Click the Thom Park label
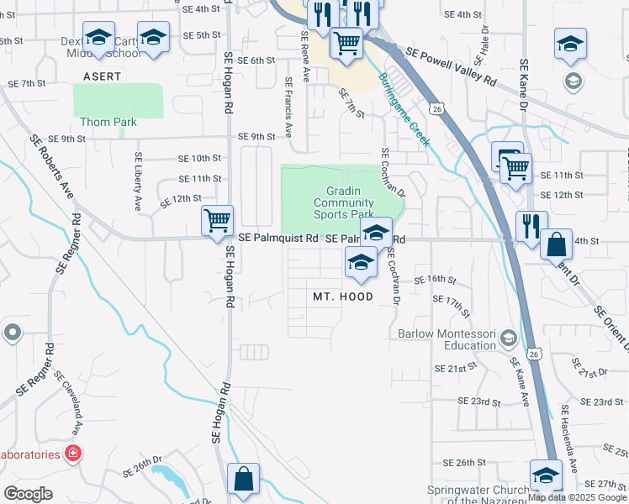click(x=108, y=122)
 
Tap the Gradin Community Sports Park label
click(x=343, y=202)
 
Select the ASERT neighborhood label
click(x=102, y=76)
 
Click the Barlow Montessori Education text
click(x=447, y=339)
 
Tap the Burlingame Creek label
click(x=404, y=110)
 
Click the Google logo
click(x=28, y=494)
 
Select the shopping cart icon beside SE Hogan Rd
click(x=218, y=220)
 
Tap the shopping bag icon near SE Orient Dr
click(x=556, y=244)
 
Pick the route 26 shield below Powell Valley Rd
click(x=435, y=108)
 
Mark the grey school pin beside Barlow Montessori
click(x=508, y=338)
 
